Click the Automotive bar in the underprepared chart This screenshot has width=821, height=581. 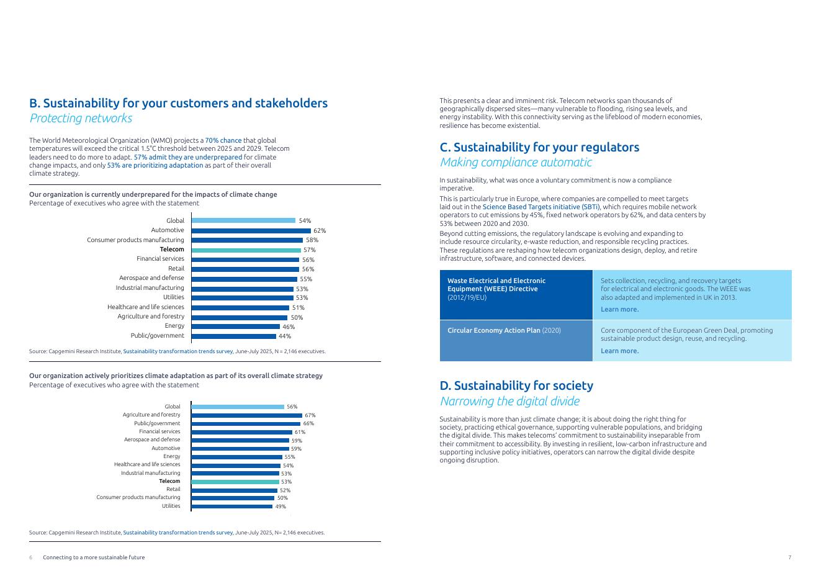click(x=251, y=230)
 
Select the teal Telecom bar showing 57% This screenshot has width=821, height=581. click(x=246, y=250)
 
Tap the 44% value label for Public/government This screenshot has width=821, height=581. click(x=284, y=336)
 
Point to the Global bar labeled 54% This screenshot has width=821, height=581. click(x=243, y=220)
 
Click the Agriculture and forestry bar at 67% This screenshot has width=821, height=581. click(x=246, y=415)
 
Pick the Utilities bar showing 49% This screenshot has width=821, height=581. click(x=231, y=506)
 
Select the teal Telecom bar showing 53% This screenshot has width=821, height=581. click(x=235, y=482)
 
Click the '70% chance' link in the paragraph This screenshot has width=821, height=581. click(x=223, y=140)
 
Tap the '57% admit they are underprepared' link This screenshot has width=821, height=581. click(x=188, y=157)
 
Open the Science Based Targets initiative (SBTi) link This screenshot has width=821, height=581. click(x=541, y=207)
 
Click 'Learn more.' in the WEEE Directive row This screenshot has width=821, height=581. click(x=619, y=309)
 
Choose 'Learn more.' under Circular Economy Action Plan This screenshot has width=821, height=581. click(x=619, y=351)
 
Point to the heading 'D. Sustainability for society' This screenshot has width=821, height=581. click(x=516, y=385)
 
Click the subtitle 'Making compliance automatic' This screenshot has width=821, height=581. click(x=516, y=162)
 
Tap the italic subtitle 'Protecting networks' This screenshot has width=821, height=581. click(x=81, y=118)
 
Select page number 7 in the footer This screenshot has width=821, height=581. click(x=789, y=557)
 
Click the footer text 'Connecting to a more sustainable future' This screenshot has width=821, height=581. click(x=94, y=557)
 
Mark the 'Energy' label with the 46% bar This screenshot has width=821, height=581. click(x=174, y=326)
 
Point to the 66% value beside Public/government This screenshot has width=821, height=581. click(x=308, y=423)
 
